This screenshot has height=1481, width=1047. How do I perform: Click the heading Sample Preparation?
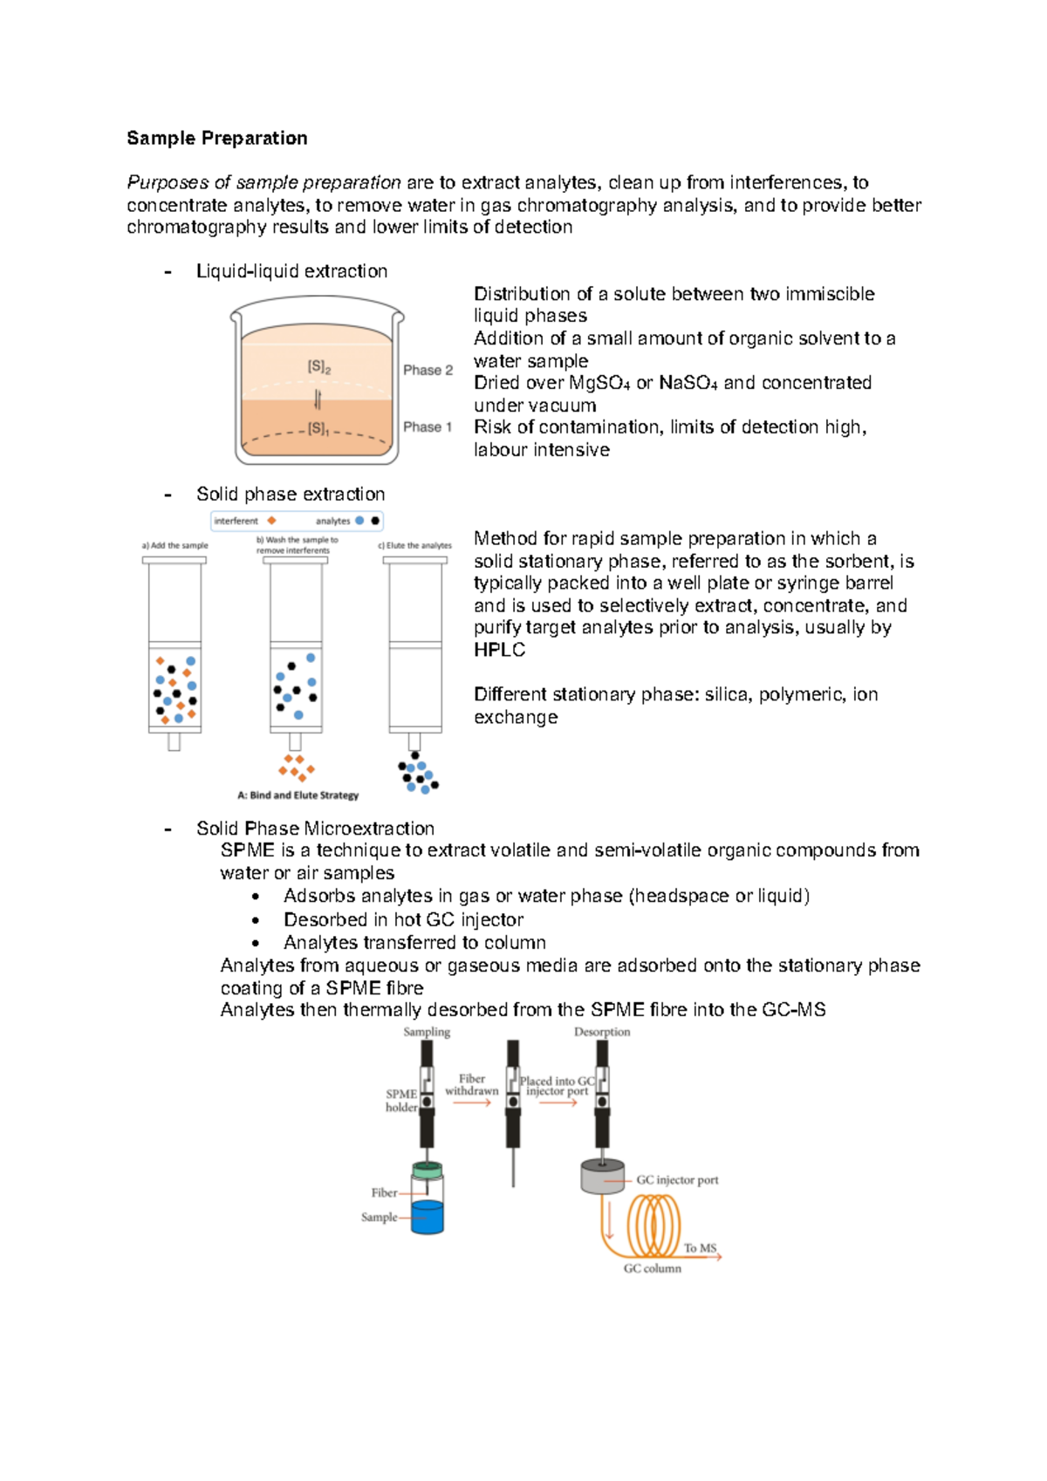216,138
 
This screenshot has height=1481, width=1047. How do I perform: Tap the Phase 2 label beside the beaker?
428,370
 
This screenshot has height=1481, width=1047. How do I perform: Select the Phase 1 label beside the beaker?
428,427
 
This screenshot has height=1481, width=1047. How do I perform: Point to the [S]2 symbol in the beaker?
318,367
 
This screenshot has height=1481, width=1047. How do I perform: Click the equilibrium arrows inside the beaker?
318,399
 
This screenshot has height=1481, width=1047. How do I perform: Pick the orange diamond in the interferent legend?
271,521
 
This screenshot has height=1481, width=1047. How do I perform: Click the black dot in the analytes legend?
375,521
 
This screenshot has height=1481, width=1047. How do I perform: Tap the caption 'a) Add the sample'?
175,545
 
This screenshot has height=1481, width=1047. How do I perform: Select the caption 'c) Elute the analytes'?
414,545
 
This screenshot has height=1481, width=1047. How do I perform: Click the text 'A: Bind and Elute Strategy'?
298,795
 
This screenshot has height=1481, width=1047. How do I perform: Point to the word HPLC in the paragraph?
499,650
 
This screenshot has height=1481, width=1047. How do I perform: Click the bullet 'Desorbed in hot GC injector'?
403,919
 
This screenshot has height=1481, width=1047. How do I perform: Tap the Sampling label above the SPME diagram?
427,1032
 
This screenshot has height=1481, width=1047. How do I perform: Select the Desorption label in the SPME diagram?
602,1032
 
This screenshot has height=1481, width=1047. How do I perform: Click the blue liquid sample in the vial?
427,1216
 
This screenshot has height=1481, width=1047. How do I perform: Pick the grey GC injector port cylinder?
602,1178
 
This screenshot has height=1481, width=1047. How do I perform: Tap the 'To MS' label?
700,1248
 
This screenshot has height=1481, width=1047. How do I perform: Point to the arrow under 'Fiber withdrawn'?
472,1103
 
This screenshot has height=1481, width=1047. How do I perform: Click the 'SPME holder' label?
401,1101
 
